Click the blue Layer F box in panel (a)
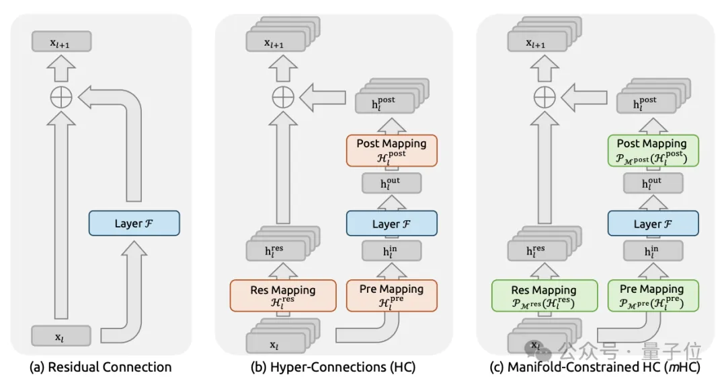pyautogui.click(x=134, y=223)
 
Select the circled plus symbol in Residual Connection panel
pyautogui.click(x=61, y=98)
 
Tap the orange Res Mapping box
pyautogui.click(x=282, y=296)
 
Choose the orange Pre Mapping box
pyautogui.click(x=391, y=296)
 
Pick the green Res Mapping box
pyautogui.click(x=544, y=296)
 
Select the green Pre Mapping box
pyautogui.click(x=652, y=296)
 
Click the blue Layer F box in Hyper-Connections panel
pyautogui.click(x=391, y=223)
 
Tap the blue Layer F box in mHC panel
pyautogui.click(x=652, y=223)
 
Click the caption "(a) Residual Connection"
pyautogui.click(x=101, y=368)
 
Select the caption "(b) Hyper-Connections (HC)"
pyautogui.click(x=332, y=368)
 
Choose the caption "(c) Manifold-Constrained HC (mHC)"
pyautogui.click(x=594, y=368)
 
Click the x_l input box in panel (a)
pyautogui.click(x=61, y=336)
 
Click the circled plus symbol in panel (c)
pyautogui.click(x=544, y=98)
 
